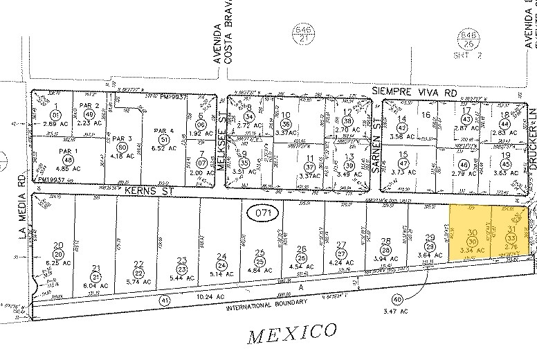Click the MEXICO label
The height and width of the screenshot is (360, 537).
point(292,333)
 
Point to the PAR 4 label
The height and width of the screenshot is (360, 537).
point(163,130)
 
